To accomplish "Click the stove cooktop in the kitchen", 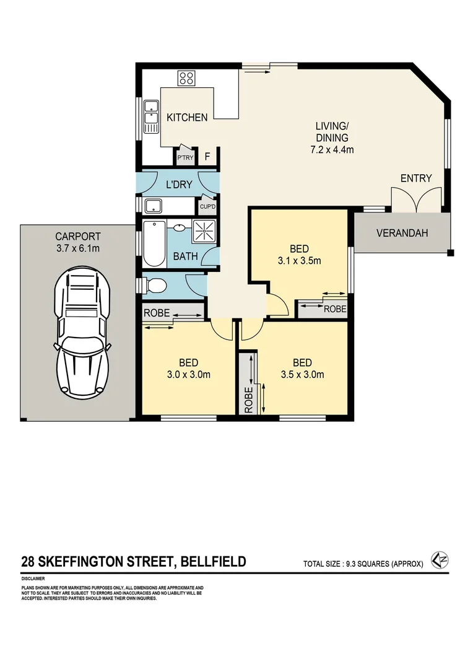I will click(186, 78).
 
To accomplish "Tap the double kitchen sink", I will click(150, 115).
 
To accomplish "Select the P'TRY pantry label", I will click(184, 158).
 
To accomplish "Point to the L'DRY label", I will click(179, 184).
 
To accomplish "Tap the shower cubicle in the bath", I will click(204, 231).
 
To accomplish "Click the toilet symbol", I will click(155, 286).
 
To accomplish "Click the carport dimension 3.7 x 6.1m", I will click(77, 248).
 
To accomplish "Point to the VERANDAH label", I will click(402, 233).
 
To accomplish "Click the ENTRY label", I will click(416, 178).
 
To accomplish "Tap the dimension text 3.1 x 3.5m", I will click(299, 260).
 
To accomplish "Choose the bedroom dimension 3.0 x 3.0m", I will click(189, 374).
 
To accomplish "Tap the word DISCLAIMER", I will click(33, 578).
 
